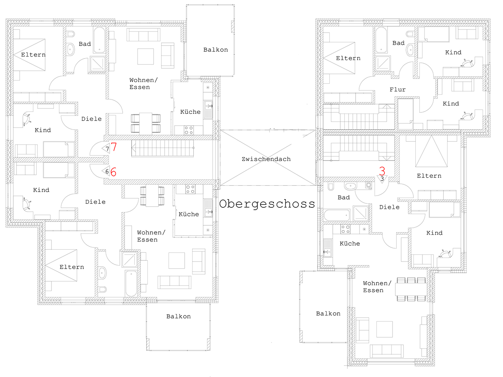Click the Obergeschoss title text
click(x=267, y=204)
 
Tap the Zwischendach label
click(x=266, y=159)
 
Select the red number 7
click(x=114, y=146)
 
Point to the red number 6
click(x=113, y=172)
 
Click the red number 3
click(x=382, y=171)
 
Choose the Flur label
click(x=398, y=90)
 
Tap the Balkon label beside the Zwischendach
click(x=216, y=49)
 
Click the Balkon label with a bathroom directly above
click(x=178, y=317)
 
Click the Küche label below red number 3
click(x=350, y=243)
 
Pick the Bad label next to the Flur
click(x=398, y=43)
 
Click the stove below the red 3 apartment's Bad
click(x=345, y=229)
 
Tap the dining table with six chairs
click(x=411, y=289)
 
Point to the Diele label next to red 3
click(x=389, y=207)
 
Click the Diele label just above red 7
click(x=92, y=119)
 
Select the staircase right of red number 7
click(x=162, y=148)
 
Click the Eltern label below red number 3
click(x=429, y=176)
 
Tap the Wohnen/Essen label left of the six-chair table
click(x=377, y=287)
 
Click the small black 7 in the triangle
click(x=107, y=149)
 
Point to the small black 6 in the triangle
click(x=107, y=172)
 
